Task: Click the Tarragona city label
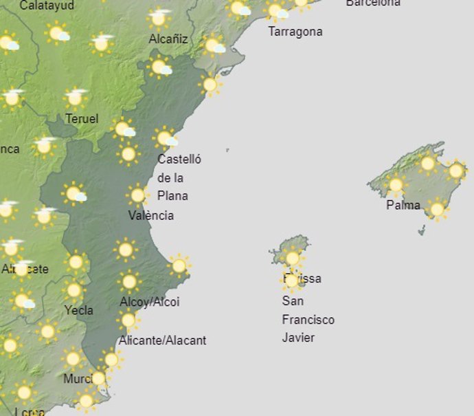click(x=295, y=32)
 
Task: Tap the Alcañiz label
click(x=168, y=39)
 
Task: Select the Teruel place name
click(x=82, y=119)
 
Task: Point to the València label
click(x=151, y=215)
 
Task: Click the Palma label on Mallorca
click(x=403, y=205)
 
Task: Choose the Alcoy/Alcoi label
click(x=149, y=302)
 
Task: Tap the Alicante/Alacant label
click(x=162, y=340)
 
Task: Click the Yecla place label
click(x=78, y=310)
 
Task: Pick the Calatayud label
click(x=47, y=6)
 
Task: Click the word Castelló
click(x=179, y=160)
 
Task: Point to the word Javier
click(x=298, y=338)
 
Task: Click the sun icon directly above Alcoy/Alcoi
click(x=128, y=281)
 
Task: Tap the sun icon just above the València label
click(x=137, y=195)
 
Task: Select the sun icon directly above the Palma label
click(x=396, y=184)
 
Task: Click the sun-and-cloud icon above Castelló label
click(x=166, y=138)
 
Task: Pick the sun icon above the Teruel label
click(x=76, y=98)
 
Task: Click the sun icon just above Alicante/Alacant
click(x=128, y=320)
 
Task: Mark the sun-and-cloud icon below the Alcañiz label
click(x=160, y=67)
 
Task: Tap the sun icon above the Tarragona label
click(x=276, y=10)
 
